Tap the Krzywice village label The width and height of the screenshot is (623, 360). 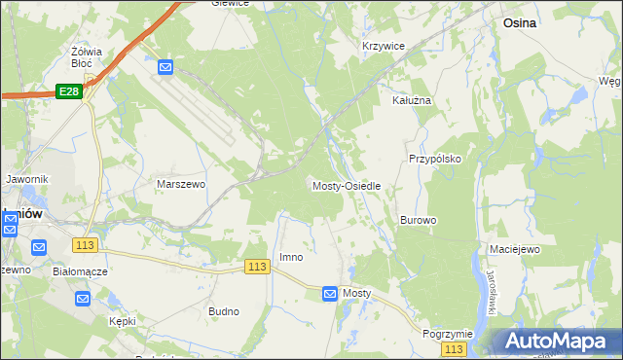[x=383, y=46]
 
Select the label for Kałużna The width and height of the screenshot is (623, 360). [x=411, y=100]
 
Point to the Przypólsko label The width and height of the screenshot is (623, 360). [x=434, y=158]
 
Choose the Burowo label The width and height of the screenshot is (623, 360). [x=418, y=221]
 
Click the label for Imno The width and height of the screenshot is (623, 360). [x=291, y=257]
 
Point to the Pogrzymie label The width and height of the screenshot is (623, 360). [x=448, y=333]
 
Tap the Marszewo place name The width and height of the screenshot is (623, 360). [x=181, y=183]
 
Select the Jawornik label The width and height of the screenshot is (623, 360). [x=26, y=179]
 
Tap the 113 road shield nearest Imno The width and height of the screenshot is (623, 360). [x=257, y=267]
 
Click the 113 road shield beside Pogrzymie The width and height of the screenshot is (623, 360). [x=453, y=348]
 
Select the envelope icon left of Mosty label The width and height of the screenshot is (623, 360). [x=330, y=293]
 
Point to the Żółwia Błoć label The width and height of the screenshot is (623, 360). [x=88, y=55]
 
